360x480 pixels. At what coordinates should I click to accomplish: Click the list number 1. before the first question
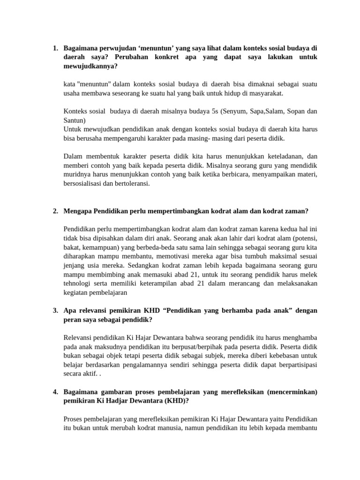click(x=55, y=48)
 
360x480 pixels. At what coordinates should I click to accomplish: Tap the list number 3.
click(x=55, y=310)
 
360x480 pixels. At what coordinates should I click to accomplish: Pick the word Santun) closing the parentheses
click(x=74, y=120)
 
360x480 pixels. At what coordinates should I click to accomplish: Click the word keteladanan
click(x=282, y=157)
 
